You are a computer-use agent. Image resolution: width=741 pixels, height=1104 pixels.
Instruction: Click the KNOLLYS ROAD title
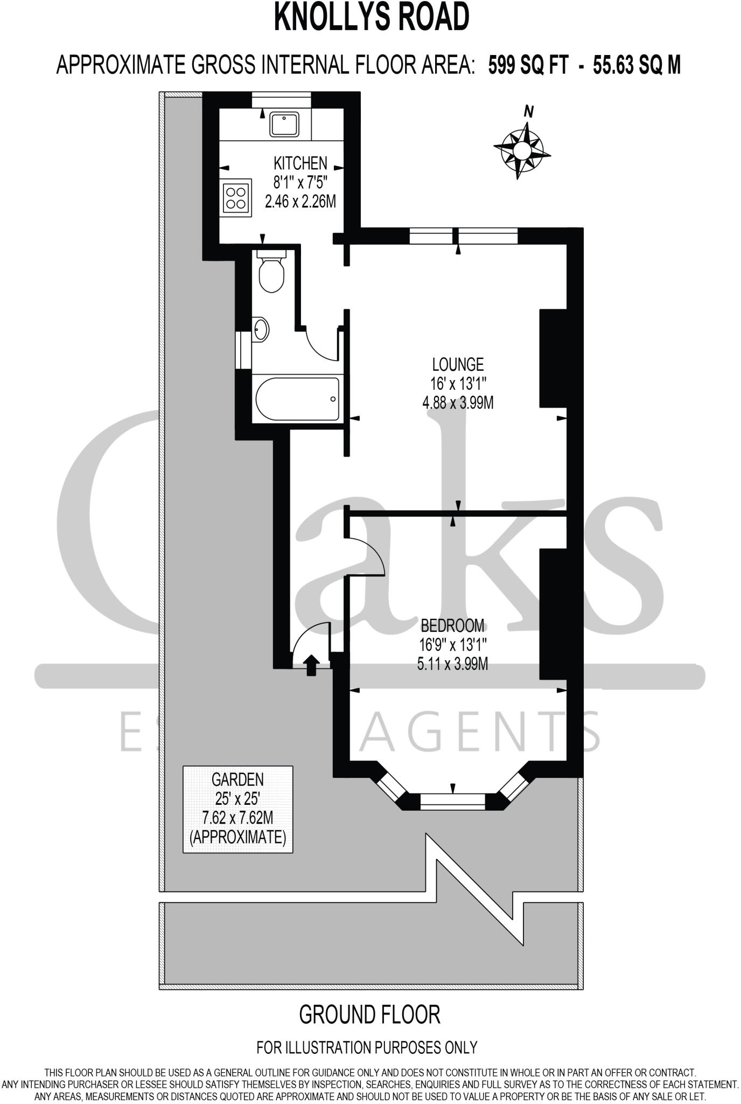pyautogui.click(x=371, y=17)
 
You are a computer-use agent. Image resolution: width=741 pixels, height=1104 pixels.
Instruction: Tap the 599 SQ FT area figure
pyautogui.click(x=528, y=66)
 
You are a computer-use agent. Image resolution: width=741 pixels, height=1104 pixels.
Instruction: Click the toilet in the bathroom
pyautogui.click(x=271, y=272)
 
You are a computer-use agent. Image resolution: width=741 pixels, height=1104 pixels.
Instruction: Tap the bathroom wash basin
pyautogui.click(x=261, y=329)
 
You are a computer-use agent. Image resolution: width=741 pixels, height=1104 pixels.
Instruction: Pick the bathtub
pyautogui.click(x=297, y=398)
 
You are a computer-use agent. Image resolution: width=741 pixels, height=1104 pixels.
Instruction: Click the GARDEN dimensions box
pyautogui.click(x=237, y=809)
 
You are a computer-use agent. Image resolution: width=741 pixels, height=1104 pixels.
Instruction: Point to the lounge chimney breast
pyautogui.click(x=553, y=358)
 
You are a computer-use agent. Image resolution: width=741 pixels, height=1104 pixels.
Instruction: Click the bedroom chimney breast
pyautogui.click(x=553, y=613)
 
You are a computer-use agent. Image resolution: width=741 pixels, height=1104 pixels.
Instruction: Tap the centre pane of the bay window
pyautogui.click(x=452, y=802)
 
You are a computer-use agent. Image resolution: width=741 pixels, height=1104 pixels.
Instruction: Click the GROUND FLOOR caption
pyautogui.click(x=369, y=1015)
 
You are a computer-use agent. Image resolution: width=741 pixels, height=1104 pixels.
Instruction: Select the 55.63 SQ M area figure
pyautogui.click(x=637, y=66)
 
